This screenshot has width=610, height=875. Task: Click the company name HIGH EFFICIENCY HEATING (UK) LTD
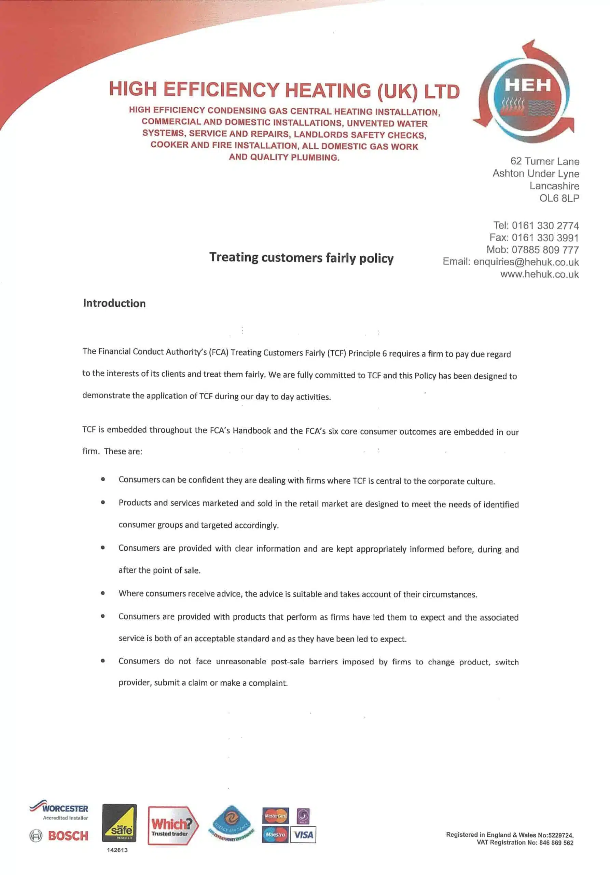pyautogui.click(x=284, y=90)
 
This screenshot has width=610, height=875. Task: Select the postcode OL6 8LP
pyautogui.click(x=559, y=198)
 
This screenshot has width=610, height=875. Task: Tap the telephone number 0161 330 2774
pyautogui.click(x=545, y=226)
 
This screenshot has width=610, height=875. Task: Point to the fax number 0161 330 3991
pyautogui.click(x=545, y=238)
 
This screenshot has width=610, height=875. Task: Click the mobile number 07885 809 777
pyautogui.click(x=545, y=250)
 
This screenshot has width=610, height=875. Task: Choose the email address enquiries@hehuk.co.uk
pyautogui.click(x=526, y=262)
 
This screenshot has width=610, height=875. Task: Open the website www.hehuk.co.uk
pyautogui.click(x=539, y=274)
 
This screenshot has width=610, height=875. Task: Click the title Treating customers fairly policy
pyautogui.click(x=301, y=258)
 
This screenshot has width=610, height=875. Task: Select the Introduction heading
pyautogui.click(x=114, y=304)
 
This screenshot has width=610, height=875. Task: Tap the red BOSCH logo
pyautogui.click(x=68, y=836)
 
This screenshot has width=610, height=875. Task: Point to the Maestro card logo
pyautogui.click(x=275, y=835)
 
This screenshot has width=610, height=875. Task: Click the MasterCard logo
pyautogui.click(x=275, y=816)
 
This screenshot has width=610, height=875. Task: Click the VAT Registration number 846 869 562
pyautogui.click(x=556, y=843)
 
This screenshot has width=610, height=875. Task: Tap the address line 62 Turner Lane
pyautogui.click(x=544, y=162)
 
